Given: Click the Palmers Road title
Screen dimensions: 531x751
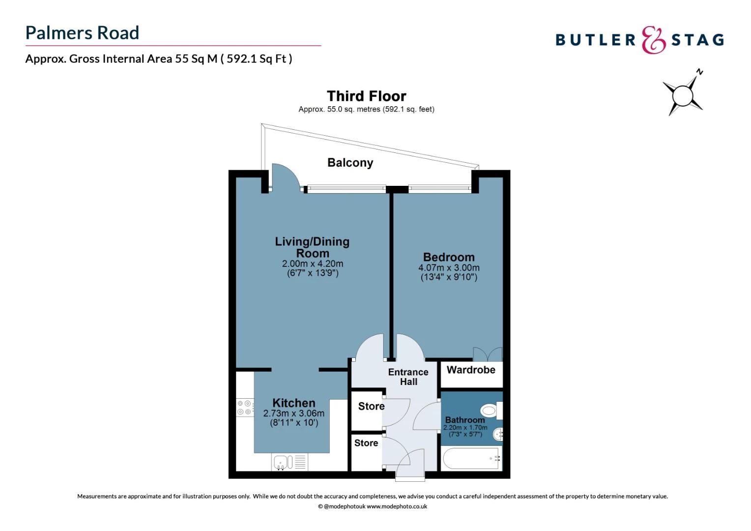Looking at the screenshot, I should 82,33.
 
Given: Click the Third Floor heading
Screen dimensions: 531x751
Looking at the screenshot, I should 366,96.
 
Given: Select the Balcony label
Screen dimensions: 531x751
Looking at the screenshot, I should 350,163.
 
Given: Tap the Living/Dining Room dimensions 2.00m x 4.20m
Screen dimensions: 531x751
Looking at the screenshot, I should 313,264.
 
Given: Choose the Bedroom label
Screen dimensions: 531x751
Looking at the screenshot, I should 449,257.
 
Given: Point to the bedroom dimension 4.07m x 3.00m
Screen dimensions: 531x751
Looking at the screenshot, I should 449,268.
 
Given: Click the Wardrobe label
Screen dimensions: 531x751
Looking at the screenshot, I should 471,370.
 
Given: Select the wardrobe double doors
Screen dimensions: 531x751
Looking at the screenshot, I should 487,354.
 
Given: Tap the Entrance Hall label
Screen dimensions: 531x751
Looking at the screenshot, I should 408,377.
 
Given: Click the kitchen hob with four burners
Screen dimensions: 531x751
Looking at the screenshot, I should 245,408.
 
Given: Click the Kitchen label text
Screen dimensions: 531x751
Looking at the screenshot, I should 293,403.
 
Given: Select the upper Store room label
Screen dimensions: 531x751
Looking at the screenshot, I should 371,406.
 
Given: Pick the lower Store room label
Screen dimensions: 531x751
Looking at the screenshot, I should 366,443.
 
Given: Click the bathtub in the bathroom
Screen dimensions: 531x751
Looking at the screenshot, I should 471,459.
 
